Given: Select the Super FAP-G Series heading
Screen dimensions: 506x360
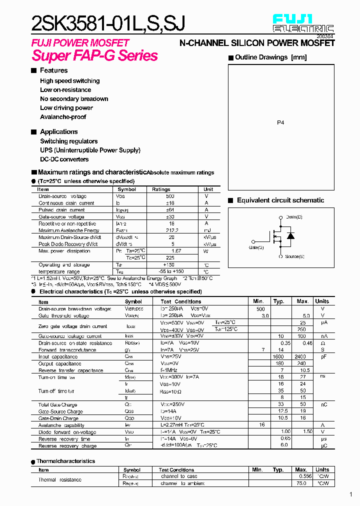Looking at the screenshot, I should pyautogui.click(x=95, y=55).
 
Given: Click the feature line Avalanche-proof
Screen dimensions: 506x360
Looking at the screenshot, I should pyautogui.click(x=63, y=117).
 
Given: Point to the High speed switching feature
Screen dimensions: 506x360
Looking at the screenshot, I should pyautogui.click(x=69, y=81).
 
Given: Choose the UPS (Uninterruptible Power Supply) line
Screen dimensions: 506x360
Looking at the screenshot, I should pyautogui.click(x=90, y=150).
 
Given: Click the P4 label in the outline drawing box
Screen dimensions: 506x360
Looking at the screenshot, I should pyautogui.click(x=280, y=122).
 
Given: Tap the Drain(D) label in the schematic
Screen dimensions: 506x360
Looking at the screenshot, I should pyautogui.click(x=294, y=217).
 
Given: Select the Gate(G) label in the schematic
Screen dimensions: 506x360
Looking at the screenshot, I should pyautogui.click(x=256, y=247).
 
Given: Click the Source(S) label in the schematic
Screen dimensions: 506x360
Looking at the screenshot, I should pyautogui.click(x=295, y=256).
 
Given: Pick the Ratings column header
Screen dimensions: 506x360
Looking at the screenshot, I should pyautogui.click(x=161, y=189).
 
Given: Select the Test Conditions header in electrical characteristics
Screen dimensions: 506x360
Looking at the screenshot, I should pyautogui.click(x=181, y=301).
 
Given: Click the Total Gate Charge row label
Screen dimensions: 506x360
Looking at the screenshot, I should pyautogui.click(x=57, y=404).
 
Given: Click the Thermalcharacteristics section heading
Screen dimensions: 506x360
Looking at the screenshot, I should pyautogui.click(x=65, y=461).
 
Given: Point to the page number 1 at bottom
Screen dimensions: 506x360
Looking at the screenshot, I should pyautogui.click(x=351, y=494).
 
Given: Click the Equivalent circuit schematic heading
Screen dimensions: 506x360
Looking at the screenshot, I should pyautogui.click(x=280, y=200).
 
